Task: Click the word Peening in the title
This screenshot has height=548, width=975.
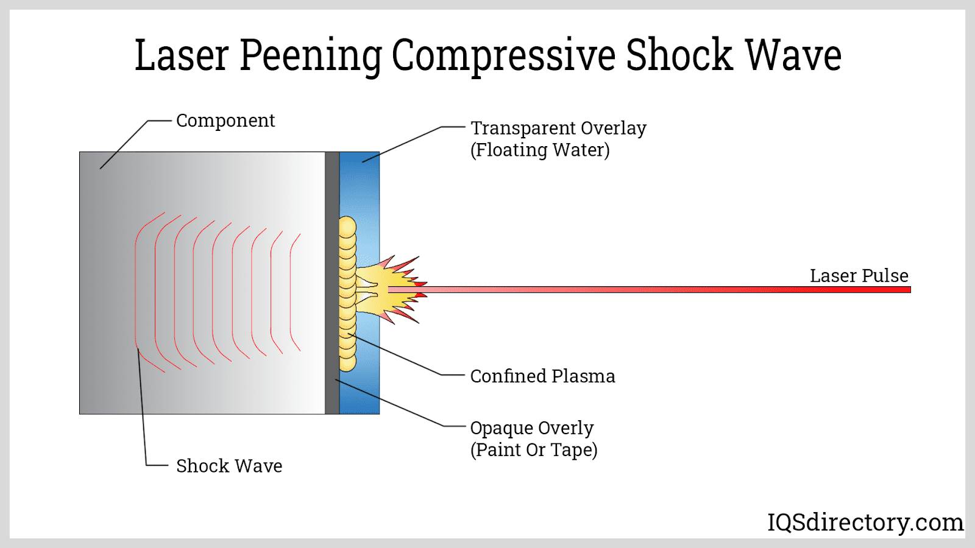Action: (311, 56)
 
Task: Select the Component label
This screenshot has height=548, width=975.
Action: (225, 121)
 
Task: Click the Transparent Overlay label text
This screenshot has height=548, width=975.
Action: (558, 128)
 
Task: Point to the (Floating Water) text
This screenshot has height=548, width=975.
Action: (540, 150)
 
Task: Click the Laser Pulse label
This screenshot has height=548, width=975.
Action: (859, 276)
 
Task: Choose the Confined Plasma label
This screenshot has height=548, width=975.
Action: (542, 376)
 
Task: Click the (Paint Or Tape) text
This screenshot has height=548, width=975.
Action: (534, 450)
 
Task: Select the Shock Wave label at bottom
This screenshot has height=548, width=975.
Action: (229, 466)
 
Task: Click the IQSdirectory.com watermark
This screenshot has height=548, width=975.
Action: (865, 522)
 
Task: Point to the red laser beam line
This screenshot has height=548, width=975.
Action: (670, 290)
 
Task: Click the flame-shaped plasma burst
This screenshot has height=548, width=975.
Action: (390, 289)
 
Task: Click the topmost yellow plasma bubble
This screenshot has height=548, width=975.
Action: (347, 227)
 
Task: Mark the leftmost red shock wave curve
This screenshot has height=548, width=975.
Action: (136, 292)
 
